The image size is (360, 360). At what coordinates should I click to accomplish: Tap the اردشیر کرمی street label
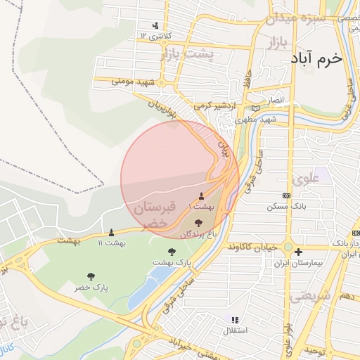pos(214,105)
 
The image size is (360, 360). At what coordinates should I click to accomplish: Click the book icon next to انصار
pos(255,108)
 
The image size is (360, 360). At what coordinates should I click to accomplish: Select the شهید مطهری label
pos(256,120)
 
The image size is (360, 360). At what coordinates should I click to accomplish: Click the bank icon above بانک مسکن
pos(286,195)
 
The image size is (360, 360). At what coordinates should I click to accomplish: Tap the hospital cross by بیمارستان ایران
pos(299,252)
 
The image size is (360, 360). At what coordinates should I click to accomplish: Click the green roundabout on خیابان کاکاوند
pos(288,247)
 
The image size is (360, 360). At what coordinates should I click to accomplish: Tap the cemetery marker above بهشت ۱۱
pos(111,232)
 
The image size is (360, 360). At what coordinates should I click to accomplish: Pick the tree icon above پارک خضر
pos(91,277)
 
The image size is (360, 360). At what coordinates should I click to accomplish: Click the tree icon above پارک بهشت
pos(172,251)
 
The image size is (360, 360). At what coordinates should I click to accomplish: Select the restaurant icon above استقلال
pos(234,320)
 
